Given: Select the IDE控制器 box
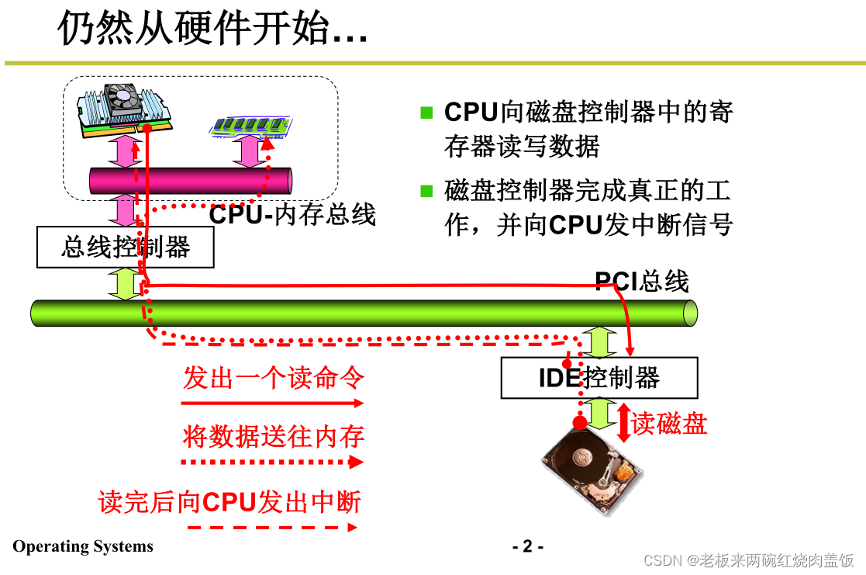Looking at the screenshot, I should click(599, 378).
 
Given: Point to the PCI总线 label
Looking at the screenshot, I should click(641, 281).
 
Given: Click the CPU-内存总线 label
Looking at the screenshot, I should click(293, 214).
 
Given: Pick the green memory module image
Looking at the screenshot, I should click(250, 126).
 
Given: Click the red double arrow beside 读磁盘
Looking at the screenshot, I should click(623, 423).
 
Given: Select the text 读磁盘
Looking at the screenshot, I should click(669, 424).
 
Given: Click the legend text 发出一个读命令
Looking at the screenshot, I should click(274, 379).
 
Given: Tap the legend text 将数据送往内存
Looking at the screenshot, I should click(274, 436).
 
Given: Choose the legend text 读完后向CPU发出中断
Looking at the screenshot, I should click(230, 502).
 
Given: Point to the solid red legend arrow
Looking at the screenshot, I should click(271, 403).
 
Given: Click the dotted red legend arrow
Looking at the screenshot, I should click(271, 462).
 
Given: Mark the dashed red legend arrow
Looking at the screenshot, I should click(271, 527).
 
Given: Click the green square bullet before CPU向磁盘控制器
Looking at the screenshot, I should click(426, 113).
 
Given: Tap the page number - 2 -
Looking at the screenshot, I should click(528, 546).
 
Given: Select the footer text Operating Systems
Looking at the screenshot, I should click(83, 546).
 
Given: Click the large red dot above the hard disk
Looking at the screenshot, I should click(579, 422).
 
